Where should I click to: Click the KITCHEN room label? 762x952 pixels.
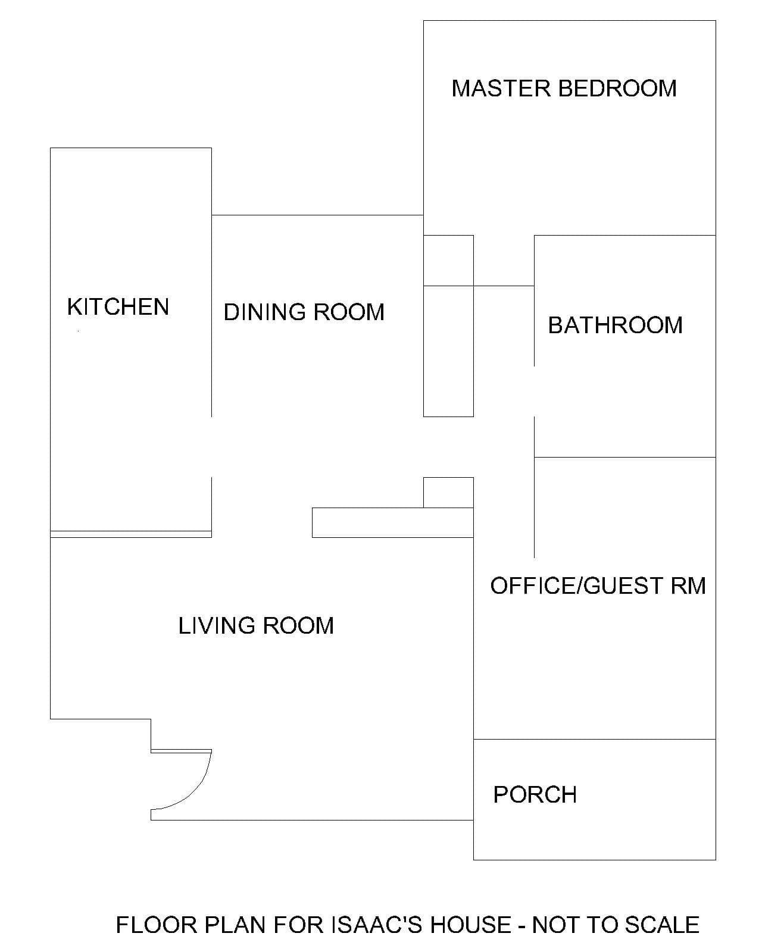118,306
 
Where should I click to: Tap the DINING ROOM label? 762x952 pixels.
304,312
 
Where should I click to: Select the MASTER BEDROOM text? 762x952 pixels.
564,88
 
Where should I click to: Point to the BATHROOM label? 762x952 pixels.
615,325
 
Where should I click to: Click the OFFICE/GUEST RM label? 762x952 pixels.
598,585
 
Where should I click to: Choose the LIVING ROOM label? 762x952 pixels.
256,625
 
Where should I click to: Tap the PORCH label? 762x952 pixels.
535,794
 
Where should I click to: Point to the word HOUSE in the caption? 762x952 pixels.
471,925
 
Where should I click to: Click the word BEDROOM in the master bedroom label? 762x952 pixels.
617,88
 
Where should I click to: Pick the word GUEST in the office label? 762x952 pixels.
623,585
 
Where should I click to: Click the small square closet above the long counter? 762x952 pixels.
448,493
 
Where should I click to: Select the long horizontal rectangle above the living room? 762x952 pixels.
393,522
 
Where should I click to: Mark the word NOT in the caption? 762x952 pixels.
555,925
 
